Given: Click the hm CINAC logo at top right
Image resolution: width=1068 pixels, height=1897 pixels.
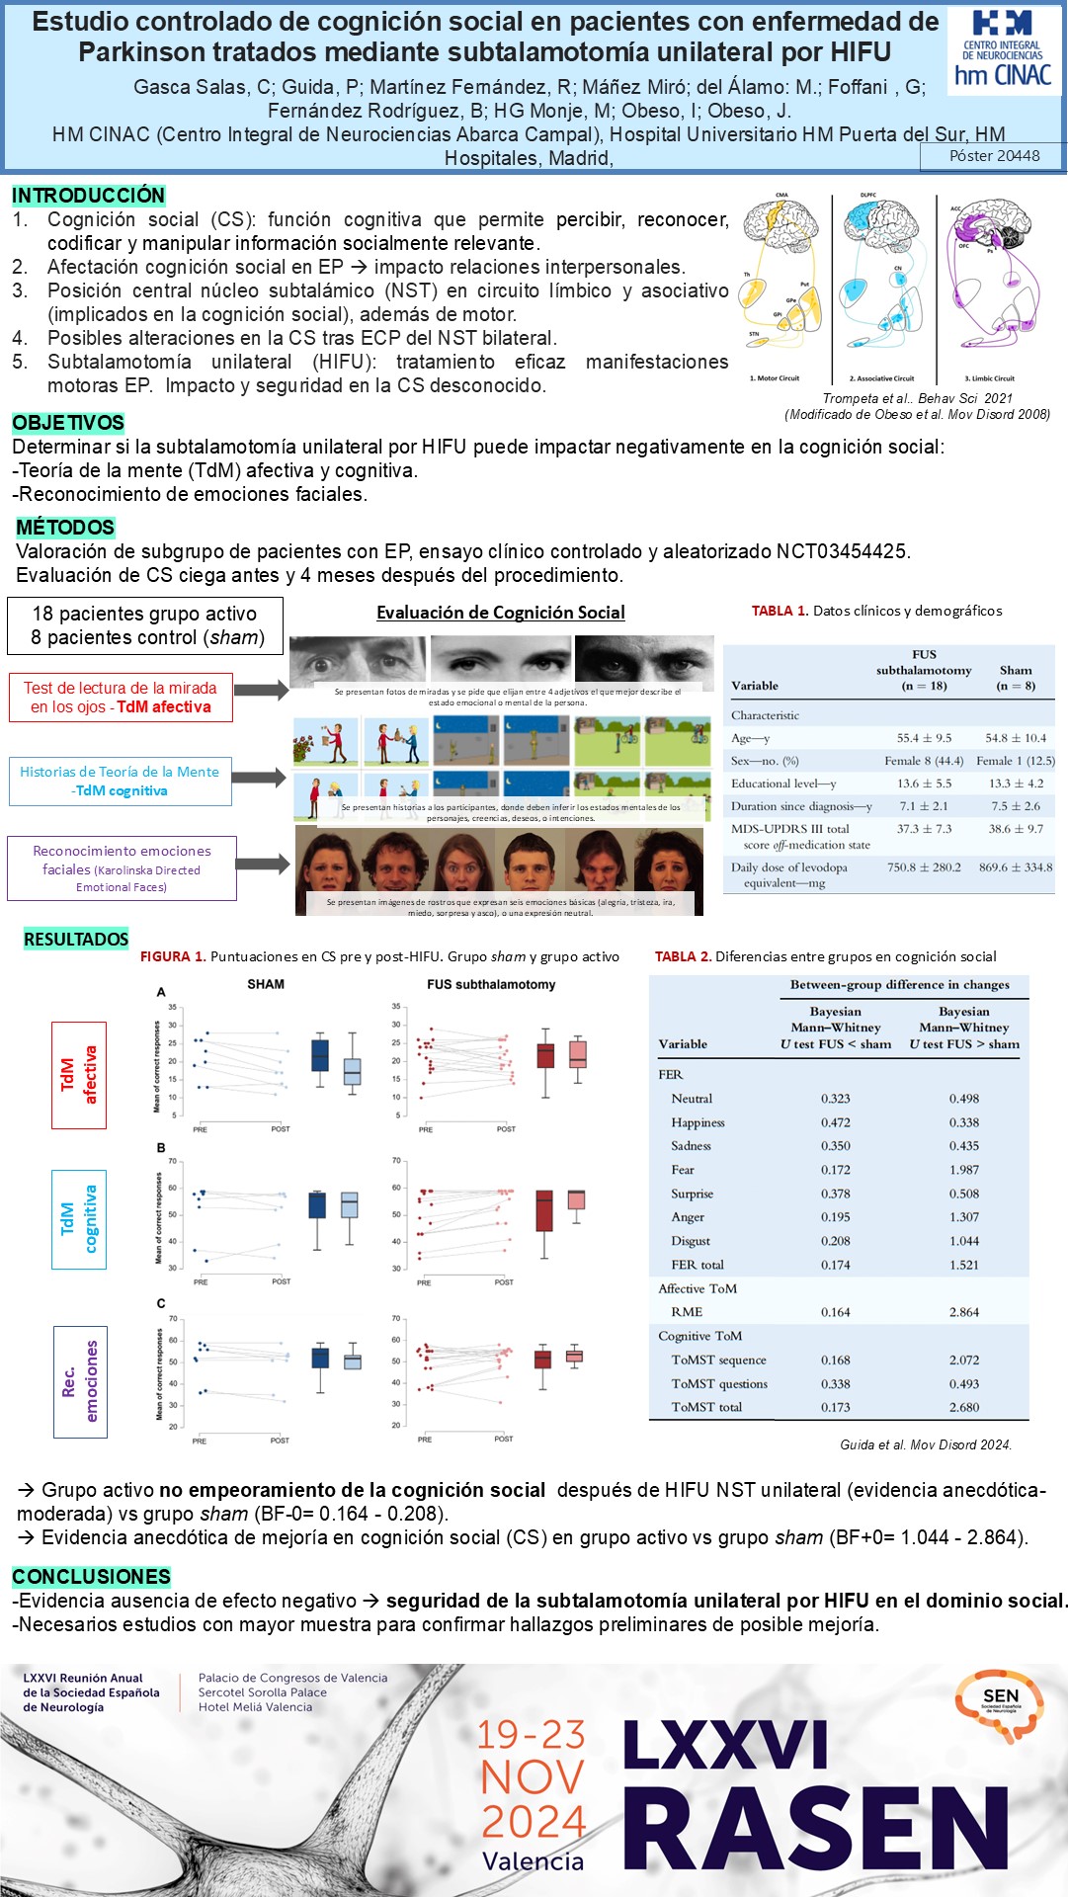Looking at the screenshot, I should pyautogui.click(x=1003, y=51).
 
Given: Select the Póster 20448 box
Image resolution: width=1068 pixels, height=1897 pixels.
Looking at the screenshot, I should pyautogui.click(x=994, y=156).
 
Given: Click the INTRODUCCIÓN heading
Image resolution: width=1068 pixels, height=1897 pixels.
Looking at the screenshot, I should pyautogui.click(x=88, y=196).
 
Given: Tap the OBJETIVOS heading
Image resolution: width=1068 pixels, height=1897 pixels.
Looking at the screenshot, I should pyautogui.click(x=68, y=423).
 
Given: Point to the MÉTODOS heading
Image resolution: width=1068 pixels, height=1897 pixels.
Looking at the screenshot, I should pyautogui.click(x=65, y=528).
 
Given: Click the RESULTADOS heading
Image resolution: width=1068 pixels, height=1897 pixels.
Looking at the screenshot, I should pyautogui.click(x=76, y=939).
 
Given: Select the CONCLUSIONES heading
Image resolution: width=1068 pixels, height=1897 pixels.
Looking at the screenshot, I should pyautogui.click(x=91, y=1577).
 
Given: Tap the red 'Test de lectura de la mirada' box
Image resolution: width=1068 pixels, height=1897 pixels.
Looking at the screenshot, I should pyautogui.click(x=121, y=698).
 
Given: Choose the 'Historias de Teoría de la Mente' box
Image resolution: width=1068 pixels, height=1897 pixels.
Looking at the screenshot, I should pyautogui.click(x=120, y=781).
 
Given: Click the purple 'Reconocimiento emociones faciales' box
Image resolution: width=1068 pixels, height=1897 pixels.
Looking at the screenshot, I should pyautogui.click(x=122, y=868).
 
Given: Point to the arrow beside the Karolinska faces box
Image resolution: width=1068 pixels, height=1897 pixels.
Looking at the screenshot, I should pyautogui.click(x=262, y=866).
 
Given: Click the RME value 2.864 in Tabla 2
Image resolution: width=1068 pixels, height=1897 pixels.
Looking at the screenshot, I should pyautogui.click(x=963, y=1312).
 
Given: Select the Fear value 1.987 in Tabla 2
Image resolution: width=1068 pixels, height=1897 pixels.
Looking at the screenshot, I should pyautogui.click(x=963, y=1170).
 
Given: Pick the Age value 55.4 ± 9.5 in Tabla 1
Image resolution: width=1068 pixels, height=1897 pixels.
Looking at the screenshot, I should pyautogui.click(x=924, y=738).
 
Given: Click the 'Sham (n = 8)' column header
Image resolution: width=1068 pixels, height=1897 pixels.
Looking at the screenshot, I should pyautogui.click(x=1016, y=677).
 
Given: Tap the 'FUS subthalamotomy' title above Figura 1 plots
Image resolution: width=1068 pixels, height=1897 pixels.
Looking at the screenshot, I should pyautogui.click(x=491, y=984).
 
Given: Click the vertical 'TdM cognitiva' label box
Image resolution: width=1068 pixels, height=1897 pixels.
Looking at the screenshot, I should pyautogui.click(x=79, y=1219).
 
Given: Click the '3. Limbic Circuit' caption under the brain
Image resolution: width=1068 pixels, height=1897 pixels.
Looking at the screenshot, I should pyautogui.click(x=989, y=378).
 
